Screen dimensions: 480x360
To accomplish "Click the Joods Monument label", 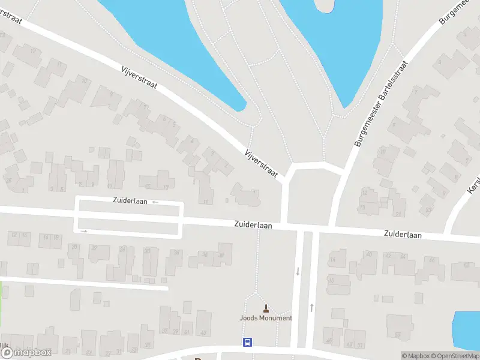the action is pos(266,318).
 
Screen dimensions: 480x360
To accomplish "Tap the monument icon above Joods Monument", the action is pos(266,308).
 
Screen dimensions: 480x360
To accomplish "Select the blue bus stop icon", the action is pos(247,342).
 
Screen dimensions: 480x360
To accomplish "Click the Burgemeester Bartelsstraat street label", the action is pos(379,103).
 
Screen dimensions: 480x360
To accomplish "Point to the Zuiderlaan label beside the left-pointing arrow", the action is pos(130,201).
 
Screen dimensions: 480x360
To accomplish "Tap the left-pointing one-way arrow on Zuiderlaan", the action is pos(155,202).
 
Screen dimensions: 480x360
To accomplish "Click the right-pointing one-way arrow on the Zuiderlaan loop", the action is pos(84,231).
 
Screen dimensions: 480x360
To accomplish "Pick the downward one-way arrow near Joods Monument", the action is pos(297,271).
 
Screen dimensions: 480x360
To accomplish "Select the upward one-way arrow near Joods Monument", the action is pos(311,307).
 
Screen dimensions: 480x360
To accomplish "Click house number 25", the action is pos(8,180).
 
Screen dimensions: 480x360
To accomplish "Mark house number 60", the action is pos(467,265).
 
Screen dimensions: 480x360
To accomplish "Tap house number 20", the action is pos(74,247).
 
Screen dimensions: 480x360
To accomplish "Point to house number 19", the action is pos(206,202).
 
